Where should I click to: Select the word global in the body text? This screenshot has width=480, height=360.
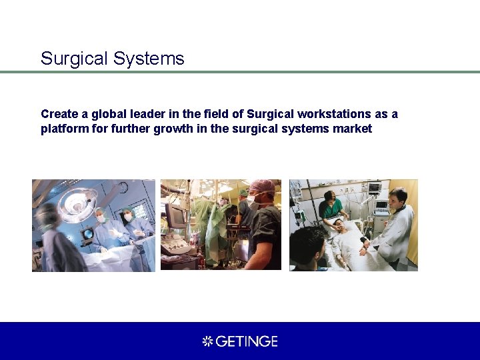pos(102,114)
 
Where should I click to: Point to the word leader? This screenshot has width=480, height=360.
pos(141,114)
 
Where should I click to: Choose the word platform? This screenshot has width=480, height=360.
pos(63,129)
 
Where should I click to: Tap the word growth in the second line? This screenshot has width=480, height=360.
pos(175,129)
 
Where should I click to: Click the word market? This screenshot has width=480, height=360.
pos(353,129)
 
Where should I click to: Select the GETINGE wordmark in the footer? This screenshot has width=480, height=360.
pos(247,341)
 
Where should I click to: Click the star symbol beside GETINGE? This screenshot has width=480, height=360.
pos(207,341)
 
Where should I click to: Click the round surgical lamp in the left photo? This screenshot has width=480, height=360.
pos(76,203)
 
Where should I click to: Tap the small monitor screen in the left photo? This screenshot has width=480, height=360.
pos(87,234)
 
